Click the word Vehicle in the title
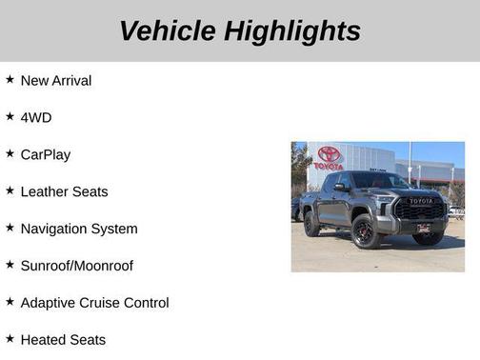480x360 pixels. [169, 30]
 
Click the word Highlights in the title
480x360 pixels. [293, 30]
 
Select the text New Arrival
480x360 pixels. [56, 81]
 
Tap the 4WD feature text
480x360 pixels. [36, 118]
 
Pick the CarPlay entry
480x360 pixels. [46, 155]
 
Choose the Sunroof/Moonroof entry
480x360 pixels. [77, 266]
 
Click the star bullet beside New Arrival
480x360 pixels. [10, 80]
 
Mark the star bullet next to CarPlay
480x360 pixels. [10, 154]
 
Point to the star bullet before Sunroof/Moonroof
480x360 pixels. [10, 265]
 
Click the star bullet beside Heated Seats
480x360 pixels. [10, 339]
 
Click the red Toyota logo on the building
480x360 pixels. [330, 154]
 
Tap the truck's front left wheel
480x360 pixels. [363, 231]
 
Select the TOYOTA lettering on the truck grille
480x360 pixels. [421, 202]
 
